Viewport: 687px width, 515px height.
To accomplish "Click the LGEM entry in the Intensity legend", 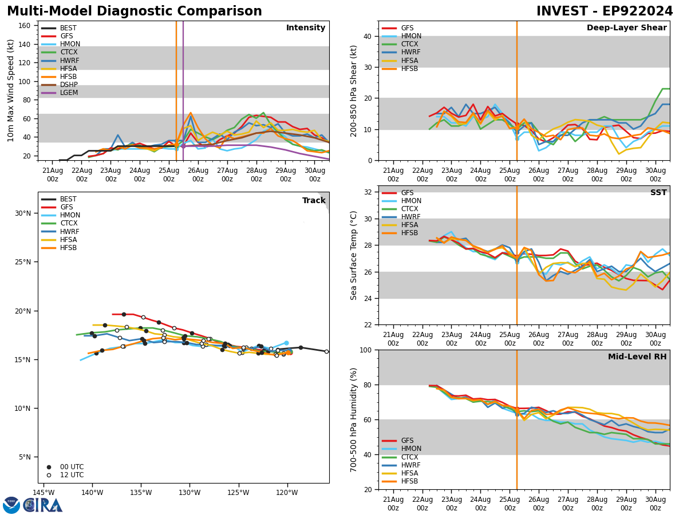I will click(69, 93).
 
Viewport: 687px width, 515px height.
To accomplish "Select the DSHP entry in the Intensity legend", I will click(69, 85).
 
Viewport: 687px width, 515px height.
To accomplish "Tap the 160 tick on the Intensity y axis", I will click(25, 26).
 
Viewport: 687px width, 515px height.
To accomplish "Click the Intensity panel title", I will click(306, 28).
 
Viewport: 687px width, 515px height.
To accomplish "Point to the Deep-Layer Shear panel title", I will click(626, 28).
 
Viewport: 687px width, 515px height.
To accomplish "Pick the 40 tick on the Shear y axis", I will click(366, 36).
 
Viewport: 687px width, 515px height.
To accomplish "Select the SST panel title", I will click(658, 193).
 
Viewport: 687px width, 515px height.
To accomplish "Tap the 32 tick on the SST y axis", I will click(366, 192).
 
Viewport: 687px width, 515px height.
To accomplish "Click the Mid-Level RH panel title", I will click(637, 357).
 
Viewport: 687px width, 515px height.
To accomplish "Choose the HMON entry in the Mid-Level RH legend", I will click(410, 449).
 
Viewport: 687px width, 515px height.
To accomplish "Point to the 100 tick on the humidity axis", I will click(364, 350).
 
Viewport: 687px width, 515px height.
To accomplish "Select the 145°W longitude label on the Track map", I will click(44, 493).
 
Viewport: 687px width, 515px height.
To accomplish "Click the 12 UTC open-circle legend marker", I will click(49, 475).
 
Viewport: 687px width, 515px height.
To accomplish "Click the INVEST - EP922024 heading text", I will click(605, 11).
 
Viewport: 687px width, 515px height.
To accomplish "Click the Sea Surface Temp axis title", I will click(354, 255).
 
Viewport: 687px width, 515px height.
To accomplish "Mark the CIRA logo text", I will click(43, 505).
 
